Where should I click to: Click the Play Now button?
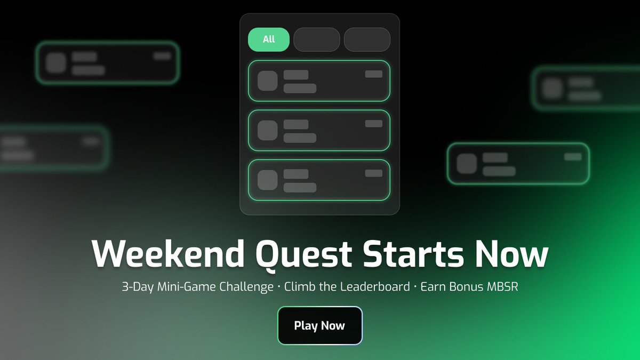319,325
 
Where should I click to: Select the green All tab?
269,39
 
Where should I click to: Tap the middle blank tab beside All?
317,39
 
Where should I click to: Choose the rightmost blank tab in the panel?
367,39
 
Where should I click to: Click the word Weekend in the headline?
160,254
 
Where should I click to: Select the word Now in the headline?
513,254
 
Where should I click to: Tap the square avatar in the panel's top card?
268,81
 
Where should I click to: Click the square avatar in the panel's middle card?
268,130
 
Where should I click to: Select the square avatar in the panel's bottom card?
268,180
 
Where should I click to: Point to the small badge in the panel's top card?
373,74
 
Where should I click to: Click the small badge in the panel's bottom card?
373,173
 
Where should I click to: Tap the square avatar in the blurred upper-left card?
55,63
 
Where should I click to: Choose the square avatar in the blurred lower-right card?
467,164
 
